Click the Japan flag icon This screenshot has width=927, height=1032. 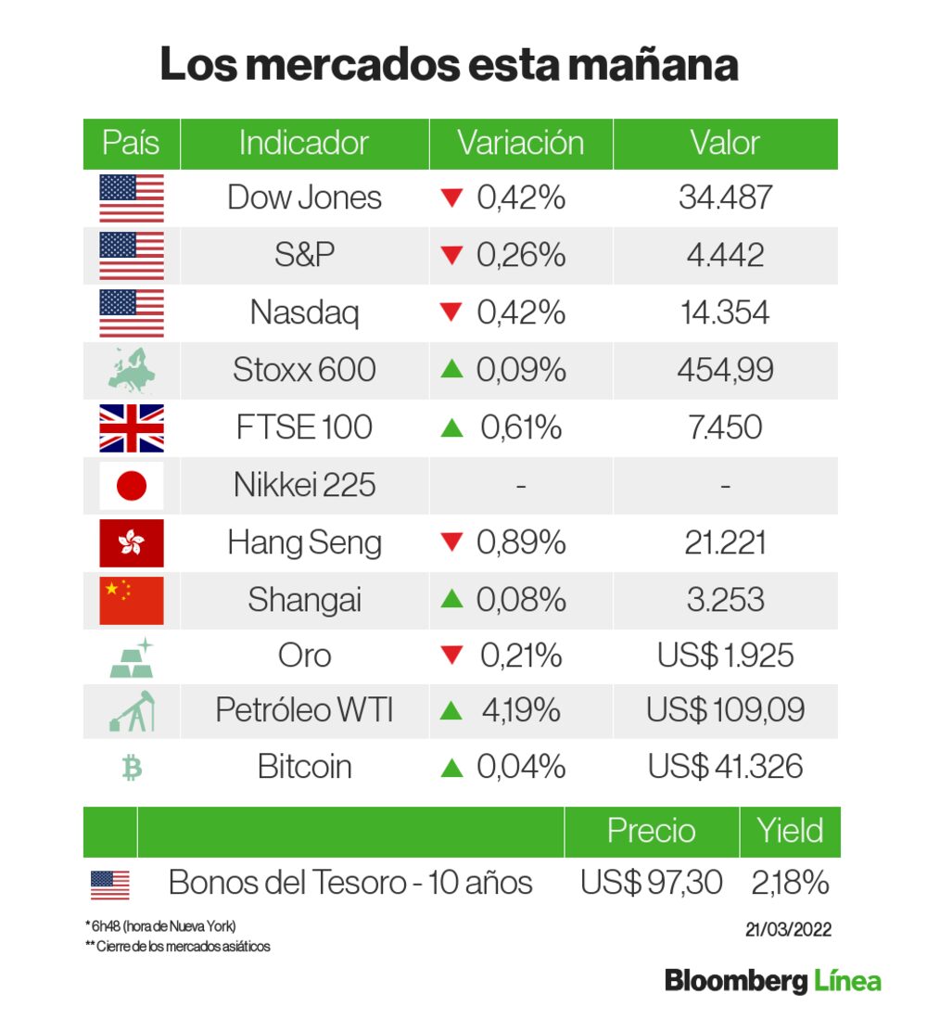click(132, 485)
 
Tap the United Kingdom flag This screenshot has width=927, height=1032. click(132, 427)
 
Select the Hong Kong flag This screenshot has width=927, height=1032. click(132, 542)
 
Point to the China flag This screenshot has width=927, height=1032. click(132, 600)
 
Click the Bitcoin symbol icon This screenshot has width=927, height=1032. click(132, 768)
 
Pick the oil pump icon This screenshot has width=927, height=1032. click(132, 711)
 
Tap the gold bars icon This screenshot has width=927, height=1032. click(132, 656)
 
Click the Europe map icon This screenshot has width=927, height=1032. click(132, 370)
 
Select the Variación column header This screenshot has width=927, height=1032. click(520, 143)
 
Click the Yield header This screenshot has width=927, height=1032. click(790, 830)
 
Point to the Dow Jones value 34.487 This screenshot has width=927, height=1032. click(726, 197)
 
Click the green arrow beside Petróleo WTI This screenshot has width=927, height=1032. click(451, 711)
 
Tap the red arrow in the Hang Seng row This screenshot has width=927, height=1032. click(451, 543)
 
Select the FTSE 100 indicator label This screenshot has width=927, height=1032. click(304, 427)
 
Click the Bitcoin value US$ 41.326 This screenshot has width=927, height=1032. click(726, 768)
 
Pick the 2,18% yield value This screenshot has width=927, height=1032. click(790, 883)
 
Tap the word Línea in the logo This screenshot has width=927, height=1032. click(847, 981)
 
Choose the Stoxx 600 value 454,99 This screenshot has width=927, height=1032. click(726, 370)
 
